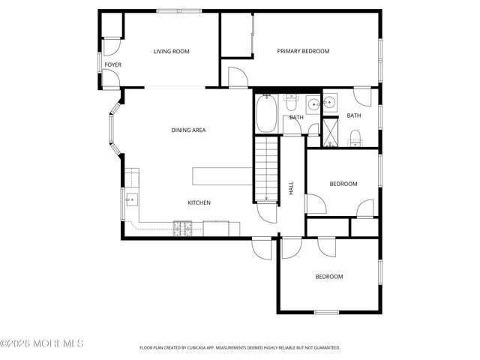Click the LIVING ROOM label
pyautogui.click(x=171, y=52)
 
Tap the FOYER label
pyautogui.click(x=112, y=65)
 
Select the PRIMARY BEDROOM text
pyautogui.click(x=303, y=52)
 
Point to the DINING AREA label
pyautogui.click(x=188, y=130)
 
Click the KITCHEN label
pyautogui.click(x=199, y=203)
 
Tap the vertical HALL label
pyautogui.click(x=292, y=188)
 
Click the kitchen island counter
pyautogui.click(x=222, y=176)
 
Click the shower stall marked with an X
pyautogui.click(x=330, y=133)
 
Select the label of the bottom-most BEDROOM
pyautogui.click(x=328, y=277)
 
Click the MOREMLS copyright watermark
pyautogui.click(x=42, y=343)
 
